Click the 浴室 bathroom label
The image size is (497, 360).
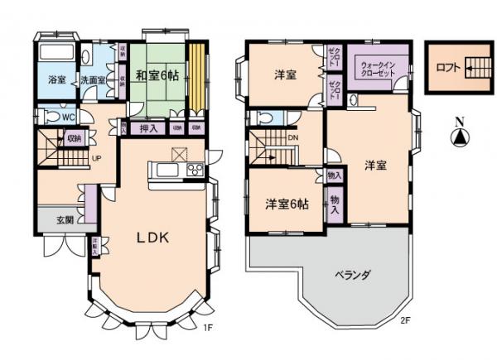tap(46, 81)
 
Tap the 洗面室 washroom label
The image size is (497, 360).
tap(92, 81)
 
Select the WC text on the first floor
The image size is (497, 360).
tap(70, 118)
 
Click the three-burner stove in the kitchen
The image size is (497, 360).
tap(195, 170)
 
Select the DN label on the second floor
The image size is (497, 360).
tap(292, 138)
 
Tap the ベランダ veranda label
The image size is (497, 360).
tap(351, 274)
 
